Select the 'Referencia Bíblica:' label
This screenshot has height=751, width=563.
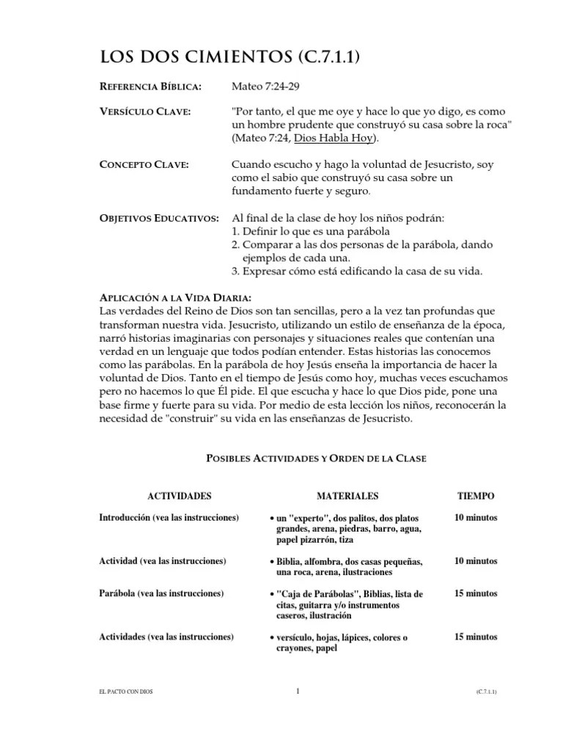[x=150, y=87]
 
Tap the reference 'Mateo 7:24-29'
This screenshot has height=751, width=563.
[x=265, y=87]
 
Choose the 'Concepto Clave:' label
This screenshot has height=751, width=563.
[x=144, y=164]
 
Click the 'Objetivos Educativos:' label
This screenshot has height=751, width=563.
[x=158, y=219]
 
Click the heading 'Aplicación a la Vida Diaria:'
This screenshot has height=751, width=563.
[x=175, y=298]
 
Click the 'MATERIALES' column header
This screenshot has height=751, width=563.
[x=348, y=496]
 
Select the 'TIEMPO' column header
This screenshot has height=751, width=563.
[x=476, y=496]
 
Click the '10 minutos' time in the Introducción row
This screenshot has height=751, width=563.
[x=476, y=518]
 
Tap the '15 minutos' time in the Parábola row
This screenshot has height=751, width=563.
[x=476, y=593]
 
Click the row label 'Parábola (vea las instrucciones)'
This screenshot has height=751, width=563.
[x=161, y=593]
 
